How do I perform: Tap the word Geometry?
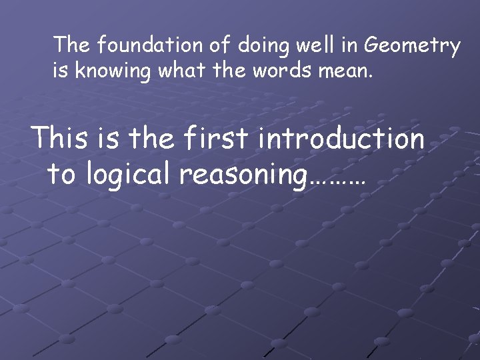[413, 47]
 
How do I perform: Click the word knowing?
[113, 71]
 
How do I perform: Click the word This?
[60, 139]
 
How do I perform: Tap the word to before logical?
[61, 175]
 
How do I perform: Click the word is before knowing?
[61, 71]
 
